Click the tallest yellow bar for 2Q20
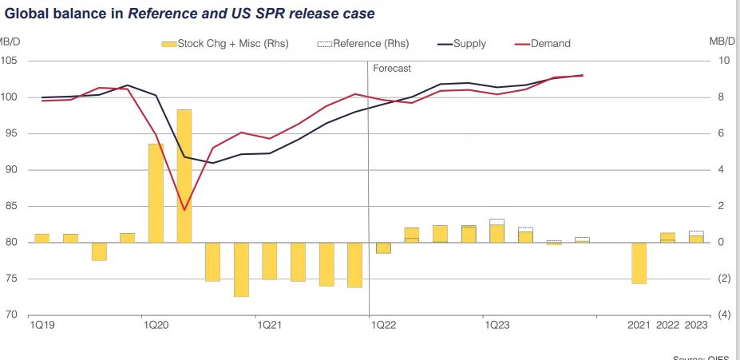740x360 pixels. point(184,176)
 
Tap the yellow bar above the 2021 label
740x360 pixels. point(639,263)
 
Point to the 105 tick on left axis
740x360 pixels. point(10,61)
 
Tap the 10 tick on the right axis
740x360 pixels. point(723,61)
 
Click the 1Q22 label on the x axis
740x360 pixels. point(383,326)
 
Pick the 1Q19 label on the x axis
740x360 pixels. point(42,326)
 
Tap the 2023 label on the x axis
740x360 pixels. point(696,326)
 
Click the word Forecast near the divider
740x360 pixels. point(392,69)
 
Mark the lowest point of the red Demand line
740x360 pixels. point(184,210)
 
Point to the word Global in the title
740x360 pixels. point(26,14)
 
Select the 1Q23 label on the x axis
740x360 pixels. point(497,326)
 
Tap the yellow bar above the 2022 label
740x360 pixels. point(667,237)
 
